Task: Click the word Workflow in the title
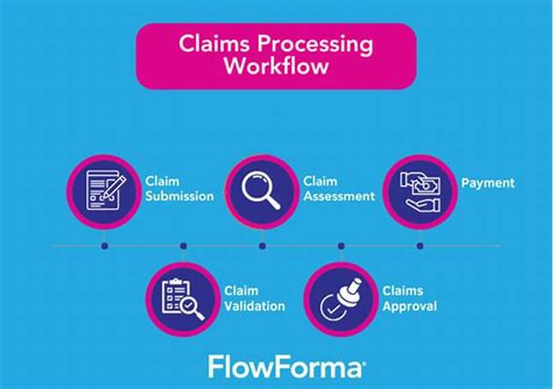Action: click(x=276, y=68)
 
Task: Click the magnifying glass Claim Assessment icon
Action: click(x=262, y=189)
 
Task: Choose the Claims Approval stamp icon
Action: click(x=341, y=298)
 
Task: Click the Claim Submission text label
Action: click(x=179, y=189)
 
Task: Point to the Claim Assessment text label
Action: click(x=339, y=189)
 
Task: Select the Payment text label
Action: click(x=488, y=183)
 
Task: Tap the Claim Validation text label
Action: click(x=254, y=298)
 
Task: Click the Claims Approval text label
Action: click(x=410, y=298)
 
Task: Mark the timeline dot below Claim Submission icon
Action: click(x=104, y=245)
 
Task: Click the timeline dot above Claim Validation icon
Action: click(x=183, y=245)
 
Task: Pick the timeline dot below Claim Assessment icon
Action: click(x=262, y=245)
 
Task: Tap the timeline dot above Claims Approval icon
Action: click(x=341, y=245)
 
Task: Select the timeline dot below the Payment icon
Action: click(x=420, y=245)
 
